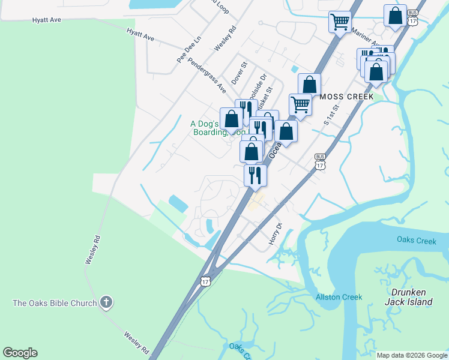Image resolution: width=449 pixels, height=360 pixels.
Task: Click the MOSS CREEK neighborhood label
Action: coord(347,97)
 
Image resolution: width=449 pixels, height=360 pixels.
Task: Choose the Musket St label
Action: coord(268,98)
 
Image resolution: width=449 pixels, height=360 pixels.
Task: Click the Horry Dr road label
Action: coord(276,233)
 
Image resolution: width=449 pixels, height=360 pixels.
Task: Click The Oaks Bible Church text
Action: coord(55,303)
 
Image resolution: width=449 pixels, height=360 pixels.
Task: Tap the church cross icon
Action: coord(106,302)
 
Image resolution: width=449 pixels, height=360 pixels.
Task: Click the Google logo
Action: coord(20,353)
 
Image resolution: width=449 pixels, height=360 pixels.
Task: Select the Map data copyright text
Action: coord(411,355)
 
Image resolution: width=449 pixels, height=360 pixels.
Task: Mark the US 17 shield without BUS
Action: coord(206,280)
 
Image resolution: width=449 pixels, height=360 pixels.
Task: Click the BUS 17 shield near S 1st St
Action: coord(319,161)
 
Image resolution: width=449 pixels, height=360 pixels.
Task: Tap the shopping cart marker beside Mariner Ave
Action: coord(340,22)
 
